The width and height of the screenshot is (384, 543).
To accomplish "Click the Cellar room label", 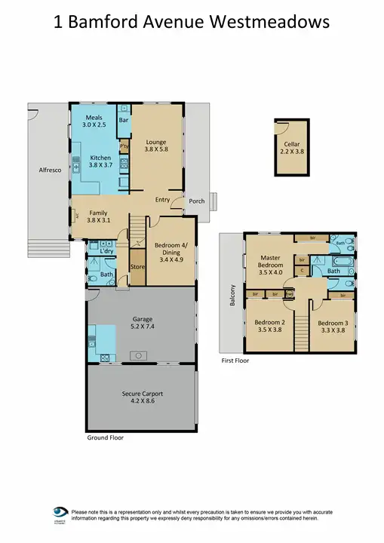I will [292, 143].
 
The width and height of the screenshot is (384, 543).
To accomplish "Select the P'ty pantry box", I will [124, 146].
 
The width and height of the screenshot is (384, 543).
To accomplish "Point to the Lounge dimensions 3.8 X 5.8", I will [157, 150].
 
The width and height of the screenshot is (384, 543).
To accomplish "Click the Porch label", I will [197, 201].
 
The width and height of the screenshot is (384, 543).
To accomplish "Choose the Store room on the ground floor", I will [137, 267].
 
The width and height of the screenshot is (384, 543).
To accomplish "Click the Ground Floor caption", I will [105, 437].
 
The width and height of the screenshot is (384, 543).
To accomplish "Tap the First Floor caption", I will [235, 361].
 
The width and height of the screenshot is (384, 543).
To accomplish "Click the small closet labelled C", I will [302, 269].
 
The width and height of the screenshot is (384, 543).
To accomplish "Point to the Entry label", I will [162, 200].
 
